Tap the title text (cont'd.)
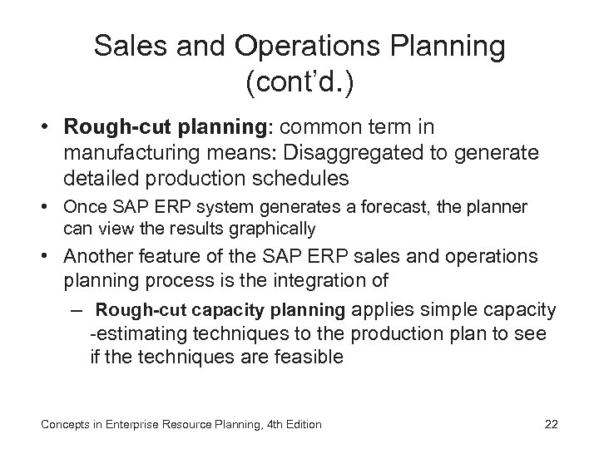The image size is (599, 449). click(299, 83)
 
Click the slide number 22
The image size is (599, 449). click(551, 424)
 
